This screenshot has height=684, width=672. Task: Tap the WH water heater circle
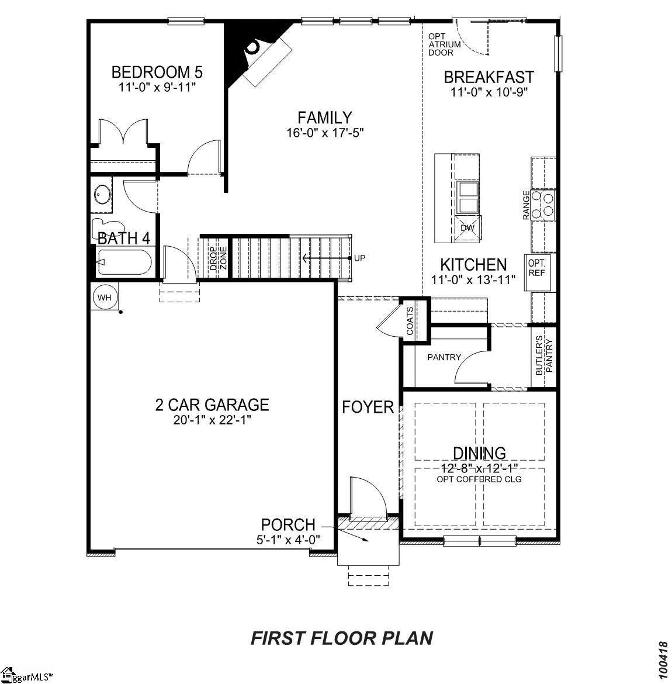click(x=104, y=298)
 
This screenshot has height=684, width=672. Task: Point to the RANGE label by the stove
click(x=526, y=205)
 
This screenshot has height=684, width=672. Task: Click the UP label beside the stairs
click(x=359, y=257)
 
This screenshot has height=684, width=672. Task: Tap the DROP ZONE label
click(x=218, y=257)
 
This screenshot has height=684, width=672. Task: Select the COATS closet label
click(x=410, y=320)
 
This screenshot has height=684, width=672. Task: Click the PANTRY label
click(x=444, y=357)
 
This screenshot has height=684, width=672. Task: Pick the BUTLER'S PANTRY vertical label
click(x=544, y=357)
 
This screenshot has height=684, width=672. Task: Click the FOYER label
click(x=368, y=407)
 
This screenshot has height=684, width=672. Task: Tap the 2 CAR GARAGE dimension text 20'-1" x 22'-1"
click(x=212, y=420)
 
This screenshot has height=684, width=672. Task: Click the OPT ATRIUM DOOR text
click(x=444, y=44)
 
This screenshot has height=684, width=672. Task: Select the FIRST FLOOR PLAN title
click(x=342, y=637)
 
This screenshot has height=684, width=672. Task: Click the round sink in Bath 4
click(x=103, y=195)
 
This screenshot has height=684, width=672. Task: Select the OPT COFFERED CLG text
click(x=479, y=479)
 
